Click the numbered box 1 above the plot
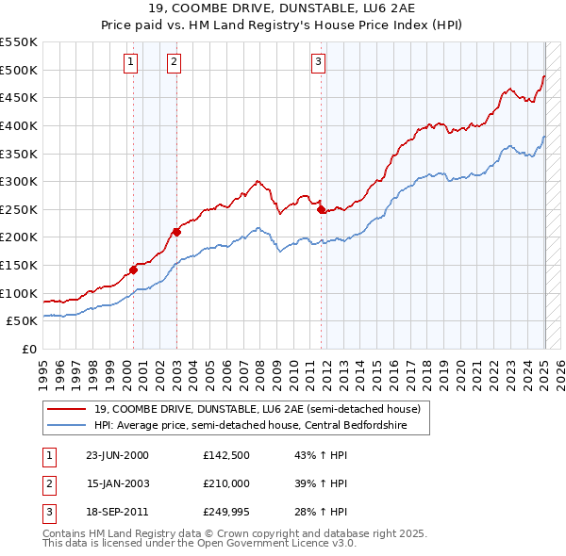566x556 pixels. [129, 63]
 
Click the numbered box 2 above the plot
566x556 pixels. [175, 63]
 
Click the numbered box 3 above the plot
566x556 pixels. [318, 63]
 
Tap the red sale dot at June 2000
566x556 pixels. [133, 270]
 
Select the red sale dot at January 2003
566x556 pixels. [176, 231]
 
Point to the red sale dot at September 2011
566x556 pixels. [322, 209]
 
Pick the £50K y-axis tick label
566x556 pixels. [23, 320]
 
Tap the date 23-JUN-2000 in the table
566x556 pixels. [117, 454]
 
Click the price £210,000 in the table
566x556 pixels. [225, 483]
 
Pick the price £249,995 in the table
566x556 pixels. [225, 512]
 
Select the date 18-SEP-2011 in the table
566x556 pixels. [117, 512]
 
